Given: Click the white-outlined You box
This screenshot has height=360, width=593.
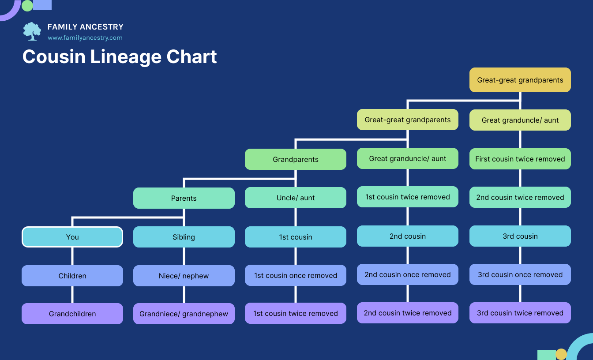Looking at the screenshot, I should point(72,237).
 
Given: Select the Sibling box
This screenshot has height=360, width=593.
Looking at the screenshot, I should point(184,237).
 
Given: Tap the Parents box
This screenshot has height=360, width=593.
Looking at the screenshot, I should point(184,198).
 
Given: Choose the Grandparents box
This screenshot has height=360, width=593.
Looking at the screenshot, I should point(295,159).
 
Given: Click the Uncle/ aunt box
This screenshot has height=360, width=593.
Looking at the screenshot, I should point(295,198).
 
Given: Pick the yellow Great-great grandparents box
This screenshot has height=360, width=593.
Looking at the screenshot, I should point(520,80).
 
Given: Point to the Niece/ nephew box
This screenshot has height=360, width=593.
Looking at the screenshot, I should point(184,276).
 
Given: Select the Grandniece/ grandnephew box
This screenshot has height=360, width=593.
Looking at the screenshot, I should point(184,314).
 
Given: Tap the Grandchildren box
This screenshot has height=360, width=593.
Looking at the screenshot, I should point(72,314).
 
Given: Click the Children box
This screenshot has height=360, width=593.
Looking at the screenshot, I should point(72,276).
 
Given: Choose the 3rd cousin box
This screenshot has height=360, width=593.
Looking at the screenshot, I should point(520,236).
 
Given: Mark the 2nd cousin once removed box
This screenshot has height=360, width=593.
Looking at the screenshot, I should point(407,274).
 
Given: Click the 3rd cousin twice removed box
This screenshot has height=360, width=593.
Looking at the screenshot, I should point(520,313).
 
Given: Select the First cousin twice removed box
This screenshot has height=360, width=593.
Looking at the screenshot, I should point(520,159).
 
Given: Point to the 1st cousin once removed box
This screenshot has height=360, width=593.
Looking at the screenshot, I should point(295,275).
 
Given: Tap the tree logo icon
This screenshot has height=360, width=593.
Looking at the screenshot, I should point(32,31).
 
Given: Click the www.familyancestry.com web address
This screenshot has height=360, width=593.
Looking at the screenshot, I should point(85,38).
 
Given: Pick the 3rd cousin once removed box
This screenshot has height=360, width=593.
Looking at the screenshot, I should point(520,274).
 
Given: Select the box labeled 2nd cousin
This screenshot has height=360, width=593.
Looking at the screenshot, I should point(407,236).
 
